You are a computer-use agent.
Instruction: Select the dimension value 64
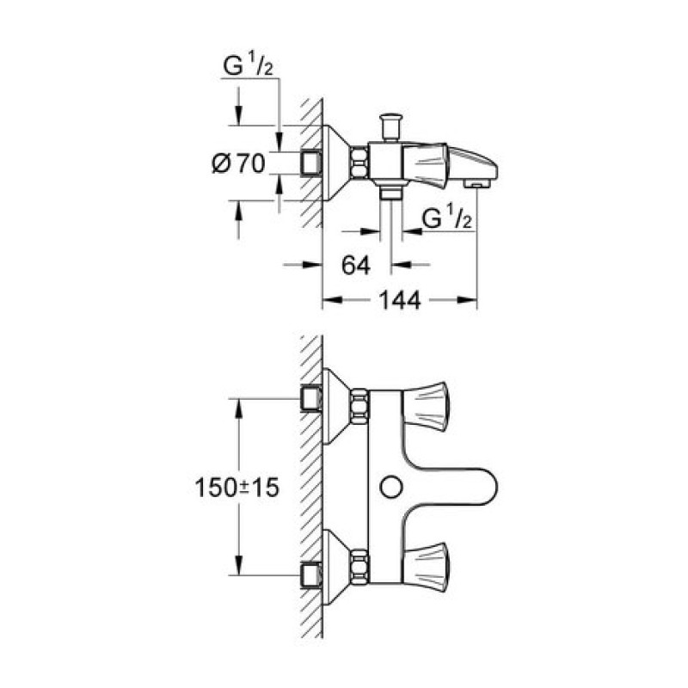click(x=355, y=265)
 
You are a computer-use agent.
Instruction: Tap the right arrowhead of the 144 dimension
click(x=472, y=300)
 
